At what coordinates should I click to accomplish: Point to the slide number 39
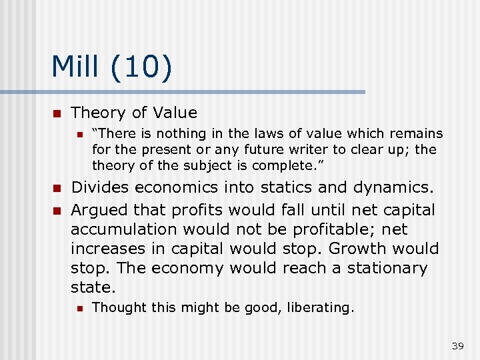click(457, 345)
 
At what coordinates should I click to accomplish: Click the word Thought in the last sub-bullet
click(113, 307)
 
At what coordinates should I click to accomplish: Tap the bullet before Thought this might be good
click(79, 308)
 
